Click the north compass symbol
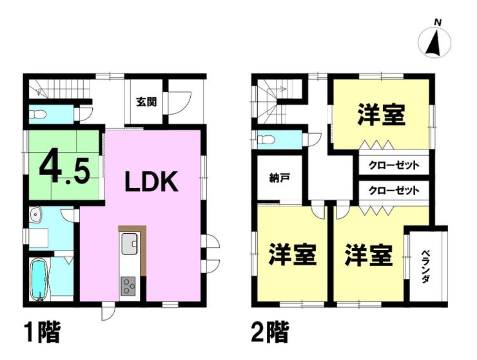(x=436, y=41)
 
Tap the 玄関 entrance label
(x=144, y=101)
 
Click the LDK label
(x=150, y=183)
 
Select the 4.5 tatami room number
(x=63, y=166)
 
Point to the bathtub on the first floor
(x=40, y=279)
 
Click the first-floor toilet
(x=39, y=115)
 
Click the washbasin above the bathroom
(x=35, y=214)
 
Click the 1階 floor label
(x=43, y=333)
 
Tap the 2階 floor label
(x=269, y=333)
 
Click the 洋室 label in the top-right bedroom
(x=381, y=116)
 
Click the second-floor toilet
(x=266, y=139)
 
